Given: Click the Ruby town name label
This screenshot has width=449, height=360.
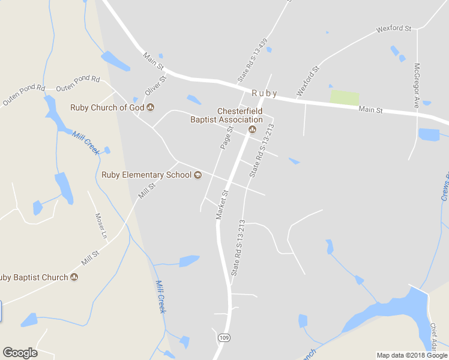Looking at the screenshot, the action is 264,93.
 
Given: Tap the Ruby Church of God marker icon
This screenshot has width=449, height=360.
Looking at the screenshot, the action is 150,108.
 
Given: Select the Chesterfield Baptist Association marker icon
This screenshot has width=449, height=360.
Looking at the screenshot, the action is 252,130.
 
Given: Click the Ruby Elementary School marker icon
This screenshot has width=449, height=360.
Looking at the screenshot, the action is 197,175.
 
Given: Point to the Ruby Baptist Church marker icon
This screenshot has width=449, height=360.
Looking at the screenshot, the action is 74,277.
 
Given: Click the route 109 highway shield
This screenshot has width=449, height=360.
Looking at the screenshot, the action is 223,338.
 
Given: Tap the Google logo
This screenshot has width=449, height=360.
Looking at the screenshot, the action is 20,353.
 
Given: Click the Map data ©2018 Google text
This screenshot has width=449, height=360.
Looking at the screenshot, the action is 412,355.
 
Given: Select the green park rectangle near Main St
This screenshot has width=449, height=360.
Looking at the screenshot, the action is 345,97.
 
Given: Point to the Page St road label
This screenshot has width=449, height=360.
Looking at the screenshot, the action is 226,137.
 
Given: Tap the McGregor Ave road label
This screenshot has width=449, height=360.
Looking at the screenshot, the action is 416,85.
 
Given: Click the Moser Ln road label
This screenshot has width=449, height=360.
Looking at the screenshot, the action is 100,223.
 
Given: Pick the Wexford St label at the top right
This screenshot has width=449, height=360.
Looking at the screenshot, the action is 393,28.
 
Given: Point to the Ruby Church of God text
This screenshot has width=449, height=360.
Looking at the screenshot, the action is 107,108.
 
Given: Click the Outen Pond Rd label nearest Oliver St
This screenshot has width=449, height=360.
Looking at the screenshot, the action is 78,83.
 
